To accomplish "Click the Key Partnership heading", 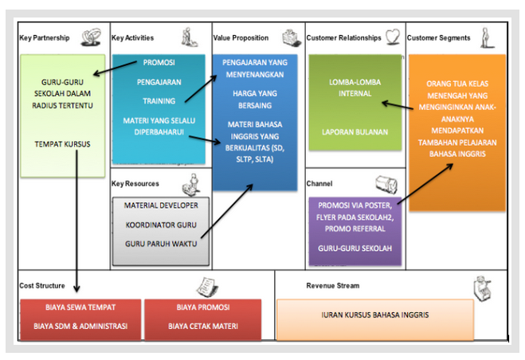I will coord(45,38).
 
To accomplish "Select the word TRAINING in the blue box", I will coord(159,101).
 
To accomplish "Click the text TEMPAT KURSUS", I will coord(63,144).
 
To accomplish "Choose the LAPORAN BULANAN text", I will coord(354,131).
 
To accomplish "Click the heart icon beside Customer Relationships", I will coord(392,37).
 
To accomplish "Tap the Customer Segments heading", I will coord(438,38).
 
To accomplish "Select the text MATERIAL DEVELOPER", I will coord(162,205).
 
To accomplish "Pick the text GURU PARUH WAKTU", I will coord(162,244).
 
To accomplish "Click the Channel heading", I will coord(319,183).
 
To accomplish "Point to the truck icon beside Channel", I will coord(388,183).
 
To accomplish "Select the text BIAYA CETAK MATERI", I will coord(202,325).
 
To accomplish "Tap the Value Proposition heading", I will coord(241,38).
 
